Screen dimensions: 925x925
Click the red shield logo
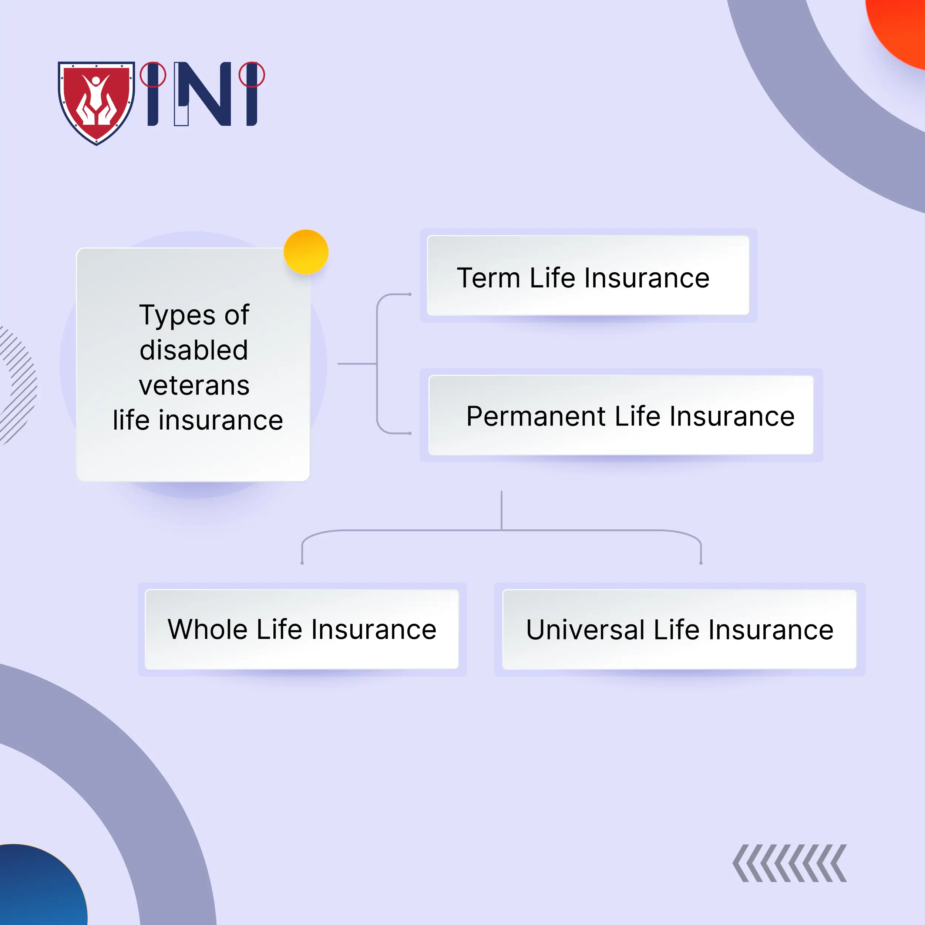click(x=96, y=101)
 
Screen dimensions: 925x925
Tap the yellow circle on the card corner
click(x=306, y=252)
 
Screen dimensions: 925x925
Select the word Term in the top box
click(x=488, y=278)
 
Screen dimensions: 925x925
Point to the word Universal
click(x=585, y=630)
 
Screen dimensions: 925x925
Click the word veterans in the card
click(x=194, y=386)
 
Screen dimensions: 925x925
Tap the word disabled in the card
click(x=194, y=350)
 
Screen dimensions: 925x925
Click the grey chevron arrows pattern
click(x=790, y=863)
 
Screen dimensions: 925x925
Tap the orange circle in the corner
click(x=900, y=29)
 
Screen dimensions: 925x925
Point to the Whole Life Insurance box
click(x=302, y=629)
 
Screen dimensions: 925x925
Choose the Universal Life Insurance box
click(x=679, y=629)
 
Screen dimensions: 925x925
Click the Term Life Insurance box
click(x=588, y=275)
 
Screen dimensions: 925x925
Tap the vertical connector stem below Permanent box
click(x=501, y=510)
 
